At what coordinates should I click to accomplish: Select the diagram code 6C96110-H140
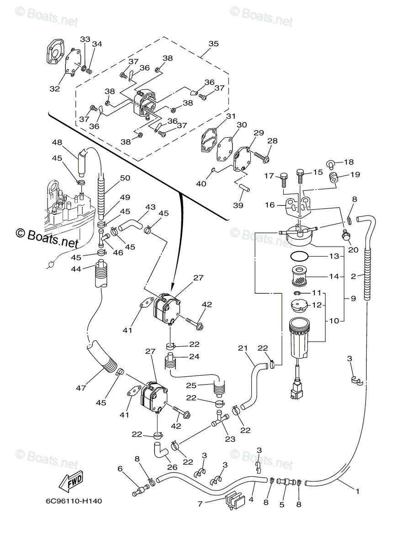tap(74, 501)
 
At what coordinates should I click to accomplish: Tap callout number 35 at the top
tap(213, 44)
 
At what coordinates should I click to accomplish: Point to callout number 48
tap(57, 142)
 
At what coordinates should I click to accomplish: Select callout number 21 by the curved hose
tap(243, 348)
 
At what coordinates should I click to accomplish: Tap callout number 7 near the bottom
tap(200, 505)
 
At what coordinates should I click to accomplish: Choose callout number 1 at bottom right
tap(357, 492)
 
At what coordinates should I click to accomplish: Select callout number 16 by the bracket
tap(269, 205)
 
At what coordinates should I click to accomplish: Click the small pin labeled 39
tap(240, 188)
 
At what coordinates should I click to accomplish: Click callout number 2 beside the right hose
tap(353, 276)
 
